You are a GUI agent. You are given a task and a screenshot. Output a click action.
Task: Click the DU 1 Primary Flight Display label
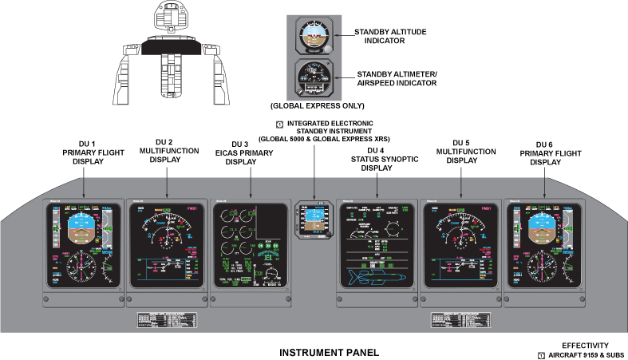[x=83, y=154]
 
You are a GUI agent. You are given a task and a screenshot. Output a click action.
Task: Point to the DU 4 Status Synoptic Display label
[x=376, y=159]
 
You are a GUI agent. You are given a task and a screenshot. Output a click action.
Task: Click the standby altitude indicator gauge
[x=315, y=37]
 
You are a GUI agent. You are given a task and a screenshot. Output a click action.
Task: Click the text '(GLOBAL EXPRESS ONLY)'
[x=317, y=105]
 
